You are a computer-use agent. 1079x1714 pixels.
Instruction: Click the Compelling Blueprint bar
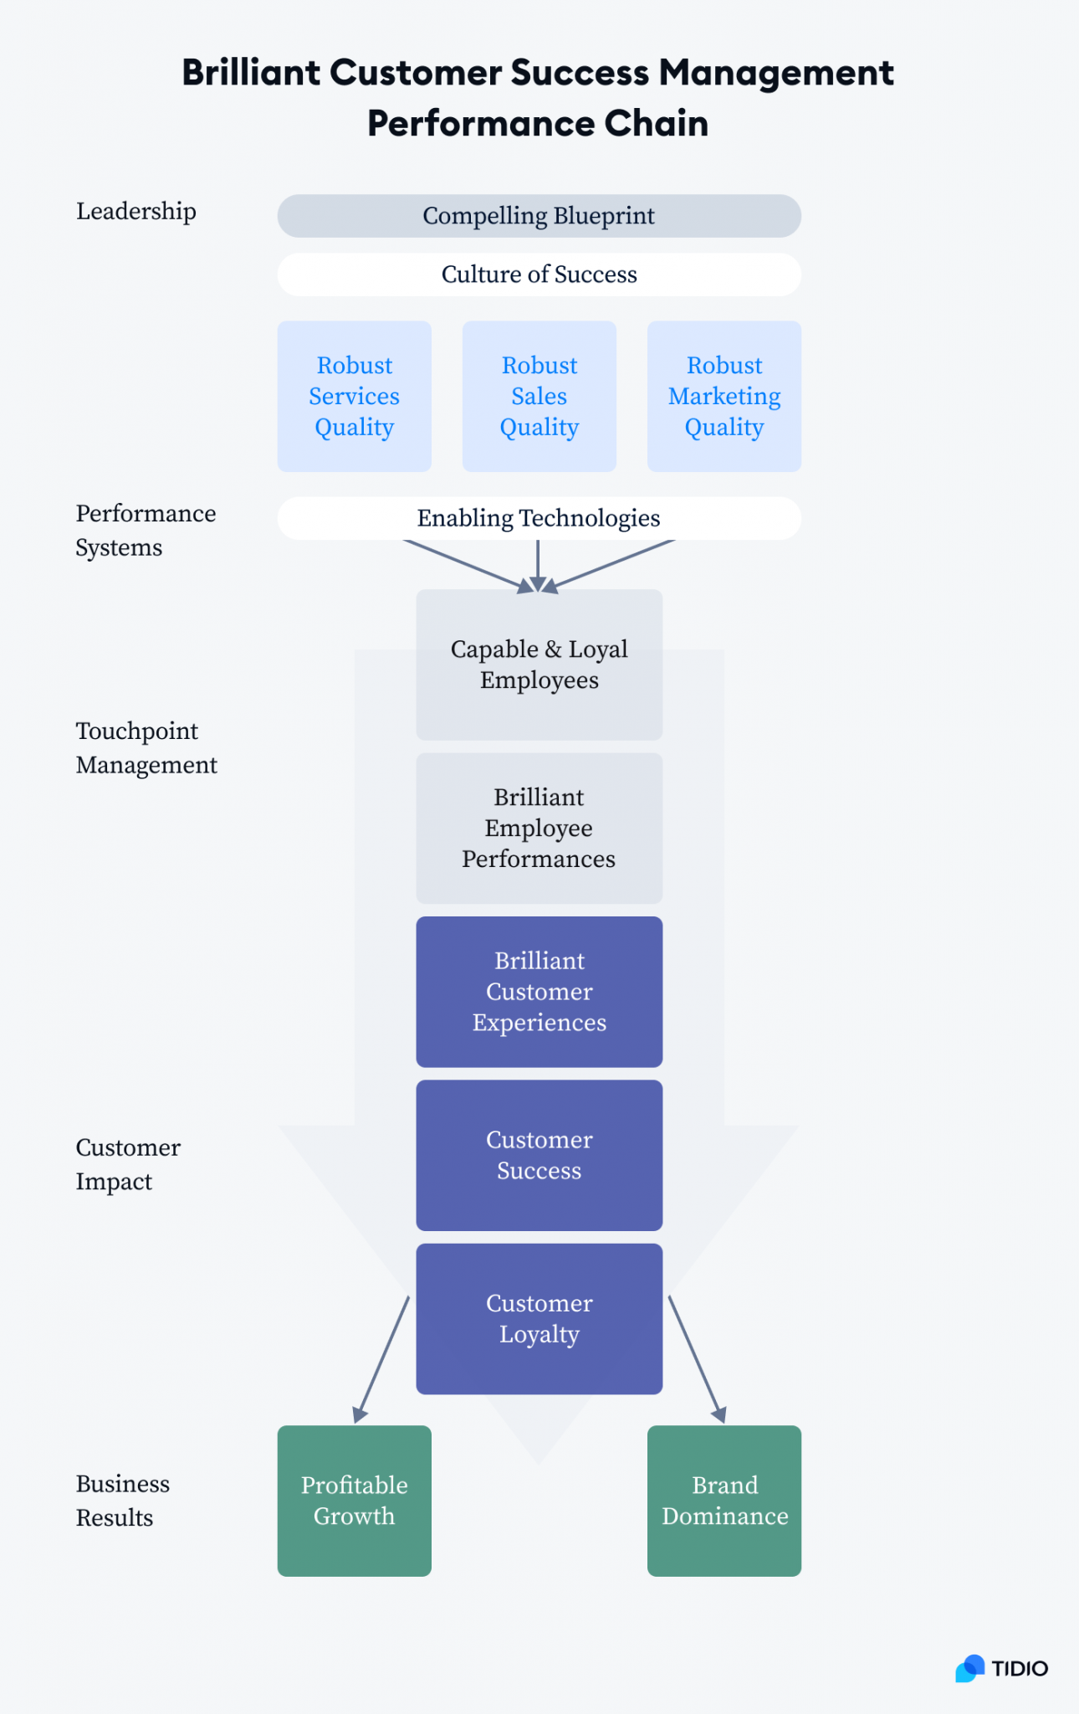[x=539, y=216]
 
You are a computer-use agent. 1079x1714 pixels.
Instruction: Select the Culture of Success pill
[x=539, y=275]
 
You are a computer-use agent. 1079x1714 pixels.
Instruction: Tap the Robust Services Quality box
[x=354, y=396]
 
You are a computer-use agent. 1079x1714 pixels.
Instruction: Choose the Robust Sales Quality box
[x=539, y=396]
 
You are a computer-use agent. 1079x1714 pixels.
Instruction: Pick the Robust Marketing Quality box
[x=724, y=396]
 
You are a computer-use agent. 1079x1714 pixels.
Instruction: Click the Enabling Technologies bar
[x=539, y=518]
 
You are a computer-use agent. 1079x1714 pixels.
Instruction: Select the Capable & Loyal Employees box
[x=539, y=665]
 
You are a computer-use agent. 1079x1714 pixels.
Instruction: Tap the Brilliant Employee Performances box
[x=539, y=828]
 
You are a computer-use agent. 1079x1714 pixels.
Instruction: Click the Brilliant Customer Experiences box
[x=539, y=992]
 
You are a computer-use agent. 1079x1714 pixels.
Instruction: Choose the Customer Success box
[x=539, y=1155]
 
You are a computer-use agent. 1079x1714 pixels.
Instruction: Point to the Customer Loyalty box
[x=539, y=1319]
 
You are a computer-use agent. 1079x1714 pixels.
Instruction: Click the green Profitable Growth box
[x=354, y=1501]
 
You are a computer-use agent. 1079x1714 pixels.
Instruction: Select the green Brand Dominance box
[x=724, y=1501]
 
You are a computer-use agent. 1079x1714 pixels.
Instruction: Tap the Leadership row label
[x=136, y=212]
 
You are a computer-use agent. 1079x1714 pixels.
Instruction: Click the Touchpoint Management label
[x=146, y=747]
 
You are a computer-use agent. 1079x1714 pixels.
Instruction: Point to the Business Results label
[x=123, y=1501]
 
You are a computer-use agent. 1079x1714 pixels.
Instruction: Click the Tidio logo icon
[x=971, y=1668]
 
